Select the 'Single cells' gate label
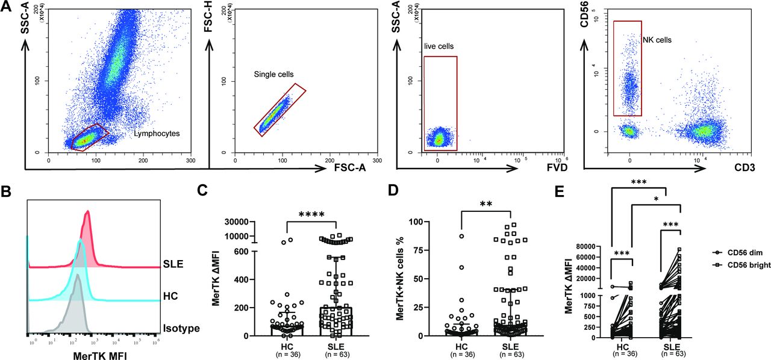tap(273, 75)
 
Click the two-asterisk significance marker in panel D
tap(485, 205)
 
